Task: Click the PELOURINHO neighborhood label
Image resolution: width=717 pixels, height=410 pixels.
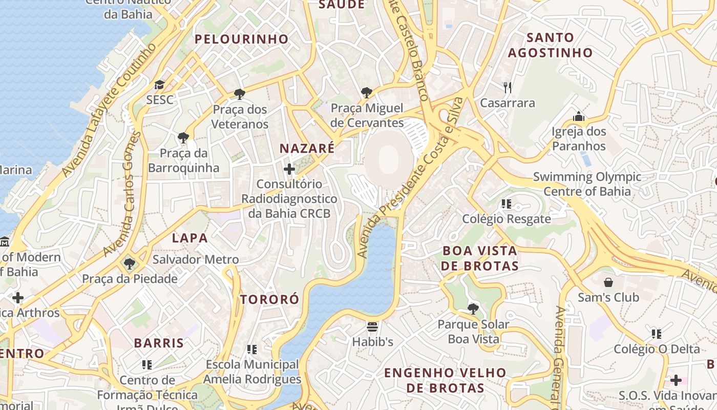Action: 241,39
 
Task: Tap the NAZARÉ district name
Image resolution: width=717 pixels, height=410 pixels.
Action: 307,149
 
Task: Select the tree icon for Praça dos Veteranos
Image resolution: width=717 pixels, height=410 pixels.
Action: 239,94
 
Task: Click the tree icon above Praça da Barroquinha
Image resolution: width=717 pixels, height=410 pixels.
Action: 183,137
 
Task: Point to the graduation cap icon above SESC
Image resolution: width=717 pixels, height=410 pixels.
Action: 160,85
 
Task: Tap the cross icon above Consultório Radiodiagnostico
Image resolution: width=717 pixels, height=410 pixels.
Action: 289,169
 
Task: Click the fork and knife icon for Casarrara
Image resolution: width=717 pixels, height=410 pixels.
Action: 508,88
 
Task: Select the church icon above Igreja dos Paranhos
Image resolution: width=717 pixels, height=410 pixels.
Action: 579,116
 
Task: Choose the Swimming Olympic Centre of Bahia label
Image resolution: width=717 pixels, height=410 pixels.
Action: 587,184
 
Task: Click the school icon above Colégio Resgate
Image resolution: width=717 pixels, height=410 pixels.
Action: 507,204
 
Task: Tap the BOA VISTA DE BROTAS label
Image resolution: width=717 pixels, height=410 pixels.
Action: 479,258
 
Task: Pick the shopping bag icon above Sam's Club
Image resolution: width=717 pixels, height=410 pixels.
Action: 608,282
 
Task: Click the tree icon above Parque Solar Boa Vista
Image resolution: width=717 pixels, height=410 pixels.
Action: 473,309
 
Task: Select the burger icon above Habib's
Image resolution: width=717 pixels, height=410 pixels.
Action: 372,326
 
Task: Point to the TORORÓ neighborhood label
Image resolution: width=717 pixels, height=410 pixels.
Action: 269,299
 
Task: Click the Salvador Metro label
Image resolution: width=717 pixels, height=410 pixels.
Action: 196,260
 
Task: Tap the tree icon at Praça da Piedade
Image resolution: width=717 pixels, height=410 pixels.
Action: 130,264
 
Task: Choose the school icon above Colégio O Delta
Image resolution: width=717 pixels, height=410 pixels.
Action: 657,334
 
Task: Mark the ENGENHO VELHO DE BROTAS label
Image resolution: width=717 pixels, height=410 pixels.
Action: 445,380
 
